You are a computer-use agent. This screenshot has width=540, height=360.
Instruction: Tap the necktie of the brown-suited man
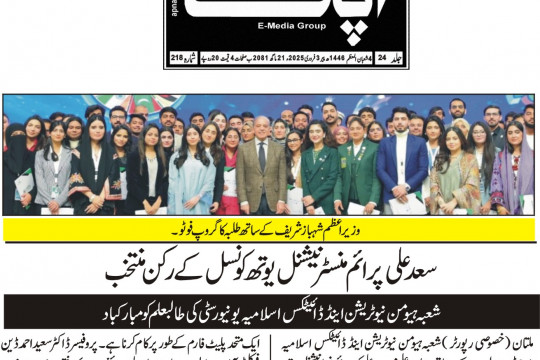pos(262,160)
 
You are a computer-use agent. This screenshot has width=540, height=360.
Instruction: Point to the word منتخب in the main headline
pos(128,270)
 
